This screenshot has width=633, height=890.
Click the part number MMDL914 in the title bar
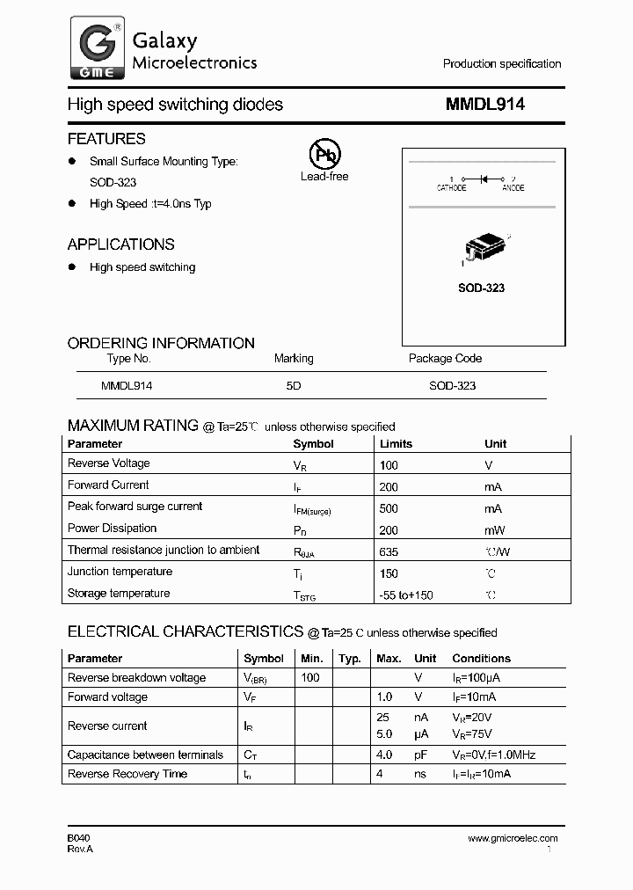[485, 104]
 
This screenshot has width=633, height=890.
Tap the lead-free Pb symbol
[324, 155]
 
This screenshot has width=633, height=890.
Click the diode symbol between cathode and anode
[482, 179]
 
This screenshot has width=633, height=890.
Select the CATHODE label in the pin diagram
[452, 188]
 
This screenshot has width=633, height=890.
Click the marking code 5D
[294, 385]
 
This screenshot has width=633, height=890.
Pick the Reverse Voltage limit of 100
[389, 464]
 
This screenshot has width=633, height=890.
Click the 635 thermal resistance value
[389, 551]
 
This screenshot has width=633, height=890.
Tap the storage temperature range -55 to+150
[405, 595]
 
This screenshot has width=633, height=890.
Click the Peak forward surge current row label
[135, 507]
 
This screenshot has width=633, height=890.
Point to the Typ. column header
[350, 658]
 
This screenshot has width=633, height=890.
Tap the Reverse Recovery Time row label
[127, 774]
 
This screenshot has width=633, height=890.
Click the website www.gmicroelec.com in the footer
[513, 838]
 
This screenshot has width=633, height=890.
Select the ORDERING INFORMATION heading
[161, 343]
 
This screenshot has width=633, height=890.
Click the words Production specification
[501, 63]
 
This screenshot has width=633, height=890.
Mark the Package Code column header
[445, 359]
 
